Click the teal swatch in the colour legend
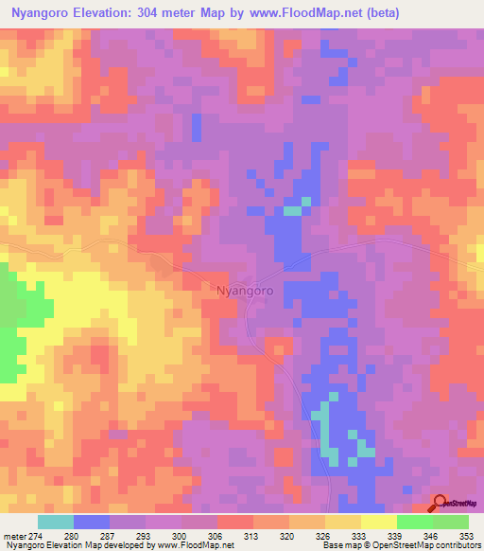(x=55, y=522)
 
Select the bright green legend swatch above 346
(x=415, y=522)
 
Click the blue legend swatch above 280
(x=91, y=522)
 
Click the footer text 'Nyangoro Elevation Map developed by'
(x=70, y=545)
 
